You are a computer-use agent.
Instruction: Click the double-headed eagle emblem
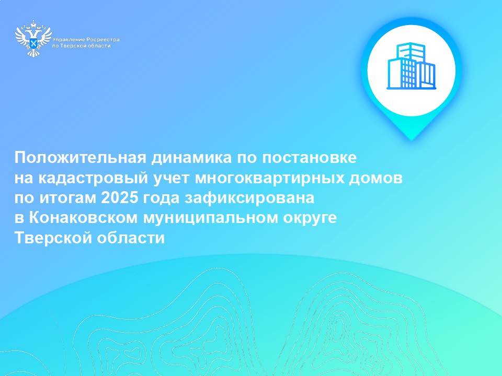33,39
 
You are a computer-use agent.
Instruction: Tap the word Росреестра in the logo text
103,40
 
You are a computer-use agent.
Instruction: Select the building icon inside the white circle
412,66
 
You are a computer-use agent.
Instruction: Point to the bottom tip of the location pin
412,140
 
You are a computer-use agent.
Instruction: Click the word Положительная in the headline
81,158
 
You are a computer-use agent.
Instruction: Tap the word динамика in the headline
192,158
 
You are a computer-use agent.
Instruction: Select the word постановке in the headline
309,158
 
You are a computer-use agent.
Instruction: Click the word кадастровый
94,178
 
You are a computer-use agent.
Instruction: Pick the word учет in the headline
172,179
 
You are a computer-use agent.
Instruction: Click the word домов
375,178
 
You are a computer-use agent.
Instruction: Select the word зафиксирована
249,198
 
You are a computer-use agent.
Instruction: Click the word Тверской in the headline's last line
53,238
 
